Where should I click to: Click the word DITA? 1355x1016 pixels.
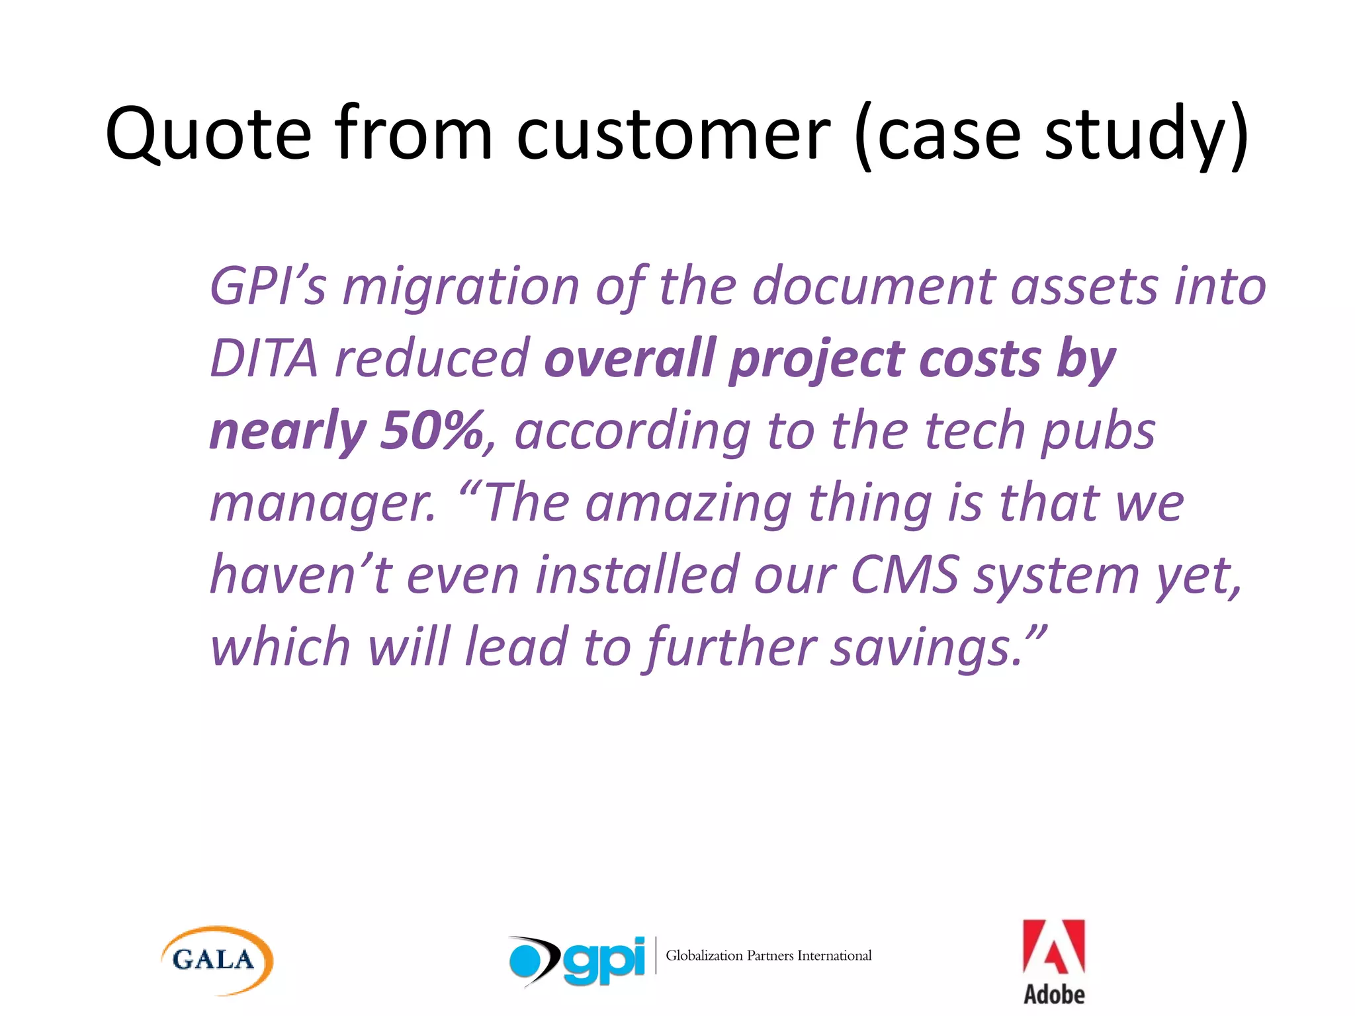tap(264, 359)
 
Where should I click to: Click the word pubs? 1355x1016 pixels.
tap(1098, 431)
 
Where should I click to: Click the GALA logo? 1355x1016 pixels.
tap(216, 960)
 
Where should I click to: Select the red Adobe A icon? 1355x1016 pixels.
tap(1053, 947)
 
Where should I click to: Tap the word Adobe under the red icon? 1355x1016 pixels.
tap(1054, 994)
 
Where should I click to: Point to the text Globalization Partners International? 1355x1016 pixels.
tap(768, 956)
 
